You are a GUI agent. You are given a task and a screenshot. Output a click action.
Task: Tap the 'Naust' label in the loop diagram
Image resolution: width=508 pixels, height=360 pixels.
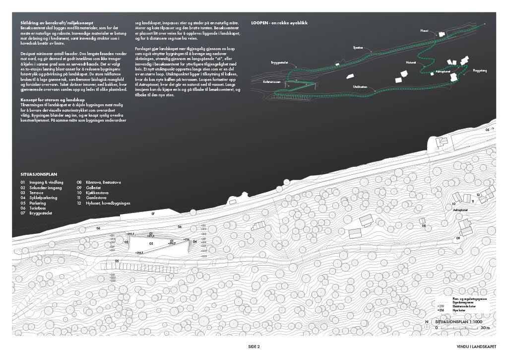[424, 30]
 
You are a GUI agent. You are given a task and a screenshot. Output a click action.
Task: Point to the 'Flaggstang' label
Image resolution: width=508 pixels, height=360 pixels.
[480, 71]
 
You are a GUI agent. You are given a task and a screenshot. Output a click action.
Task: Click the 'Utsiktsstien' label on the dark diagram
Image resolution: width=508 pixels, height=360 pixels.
[360, 87]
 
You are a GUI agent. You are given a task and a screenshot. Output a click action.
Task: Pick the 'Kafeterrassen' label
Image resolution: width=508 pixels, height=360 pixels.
[273, 81]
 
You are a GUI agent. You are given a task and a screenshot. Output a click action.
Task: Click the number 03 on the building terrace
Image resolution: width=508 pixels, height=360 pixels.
[151, 244]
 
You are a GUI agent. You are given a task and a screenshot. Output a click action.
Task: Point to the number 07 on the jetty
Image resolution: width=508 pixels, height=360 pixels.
[153, 213]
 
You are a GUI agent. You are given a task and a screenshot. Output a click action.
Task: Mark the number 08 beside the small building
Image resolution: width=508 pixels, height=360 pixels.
[424, 226]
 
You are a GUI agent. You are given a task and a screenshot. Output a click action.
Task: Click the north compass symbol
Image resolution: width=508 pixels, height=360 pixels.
[427, 322]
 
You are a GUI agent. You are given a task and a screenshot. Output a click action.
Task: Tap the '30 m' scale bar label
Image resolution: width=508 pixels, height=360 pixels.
[485, 328]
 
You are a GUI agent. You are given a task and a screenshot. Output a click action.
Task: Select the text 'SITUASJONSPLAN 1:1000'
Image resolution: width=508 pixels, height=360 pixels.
[462, 322]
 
